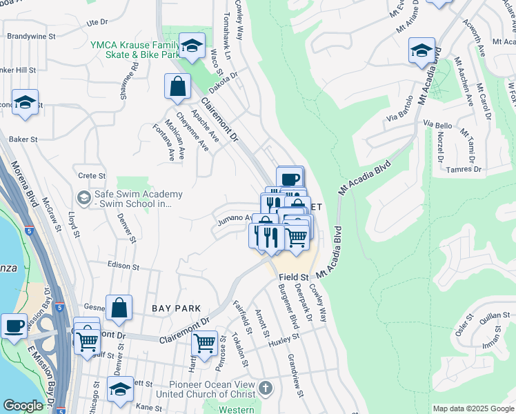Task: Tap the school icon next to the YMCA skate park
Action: tap(192, 46)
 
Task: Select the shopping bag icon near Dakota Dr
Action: tap(177, 87)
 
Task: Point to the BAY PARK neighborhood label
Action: tap(177, 308)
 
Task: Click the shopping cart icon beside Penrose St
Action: tap(204, 342)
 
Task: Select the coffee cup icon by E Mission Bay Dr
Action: tap(14, 326)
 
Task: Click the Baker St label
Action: tap(23, 139)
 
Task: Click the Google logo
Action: tap(23, 406)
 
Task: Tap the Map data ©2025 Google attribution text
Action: tap(473, 408)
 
